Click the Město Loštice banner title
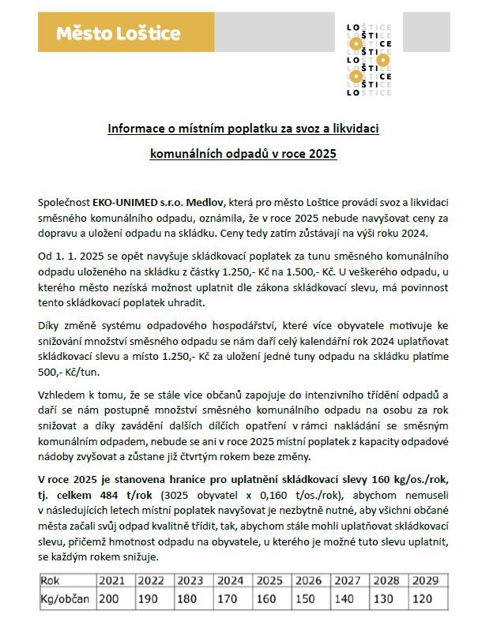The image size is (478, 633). tap(119, 33)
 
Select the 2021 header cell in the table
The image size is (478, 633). tap(112, 582)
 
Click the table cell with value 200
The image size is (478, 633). tap(109, 599)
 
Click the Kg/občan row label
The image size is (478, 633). tap(63, 599)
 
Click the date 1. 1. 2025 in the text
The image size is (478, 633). tap(82, 257)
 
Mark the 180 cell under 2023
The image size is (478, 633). tap(186, 599)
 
